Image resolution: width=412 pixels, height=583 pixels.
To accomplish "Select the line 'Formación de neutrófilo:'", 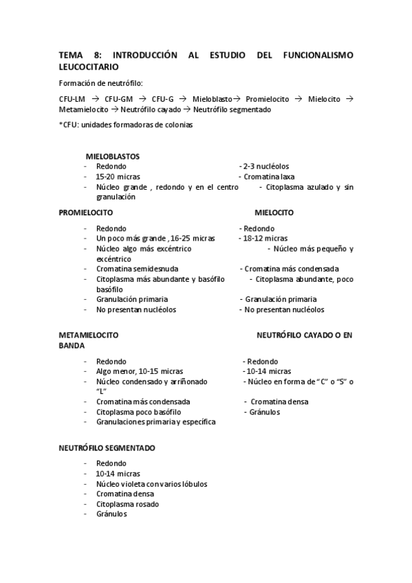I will point(100,83).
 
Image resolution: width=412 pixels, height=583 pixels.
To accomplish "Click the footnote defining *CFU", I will point(125,124).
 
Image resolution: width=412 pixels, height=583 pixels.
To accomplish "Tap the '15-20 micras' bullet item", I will point(118,177).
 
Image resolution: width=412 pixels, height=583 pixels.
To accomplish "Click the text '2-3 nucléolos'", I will point(264,166).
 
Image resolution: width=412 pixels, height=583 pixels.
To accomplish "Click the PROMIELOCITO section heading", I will point(86,212).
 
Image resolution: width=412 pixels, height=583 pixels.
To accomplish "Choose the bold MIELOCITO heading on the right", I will point(274,212).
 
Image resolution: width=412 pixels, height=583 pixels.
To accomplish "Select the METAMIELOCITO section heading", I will point(89,335).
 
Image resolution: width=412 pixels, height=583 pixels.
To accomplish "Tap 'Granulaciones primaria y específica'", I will point(155,421).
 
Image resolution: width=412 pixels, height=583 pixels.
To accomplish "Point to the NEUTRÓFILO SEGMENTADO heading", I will point(107,448).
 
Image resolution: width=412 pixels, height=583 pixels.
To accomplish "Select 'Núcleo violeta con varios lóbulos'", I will point(151,483).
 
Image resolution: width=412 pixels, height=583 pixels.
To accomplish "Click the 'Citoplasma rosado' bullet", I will point(127,504).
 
